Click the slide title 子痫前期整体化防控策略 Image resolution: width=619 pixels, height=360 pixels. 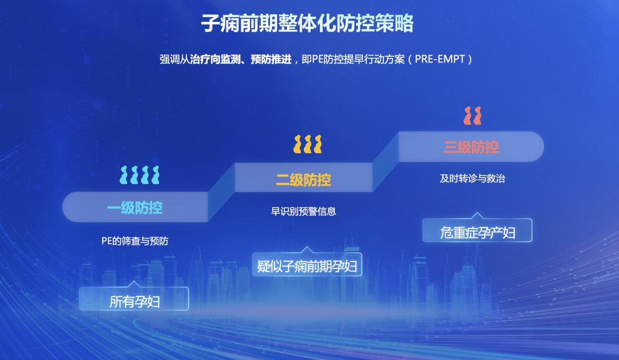[x=307, y=24]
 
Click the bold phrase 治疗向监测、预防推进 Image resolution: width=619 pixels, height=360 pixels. [x=241, y=60]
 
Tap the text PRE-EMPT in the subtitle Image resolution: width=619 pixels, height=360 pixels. [x=440, y=59]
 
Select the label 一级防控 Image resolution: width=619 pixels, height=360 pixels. [x=135, y=208]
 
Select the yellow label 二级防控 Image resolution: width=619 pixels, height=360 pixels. [x=303, y=179]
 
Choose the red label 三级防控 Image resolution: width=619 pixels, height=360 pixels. [x=471, y=147]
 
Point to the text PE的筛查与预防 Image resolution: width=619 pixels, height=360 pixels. [x=135, y=241]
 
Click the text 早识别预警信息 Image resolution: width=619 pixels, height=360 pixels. [x=303, y=211]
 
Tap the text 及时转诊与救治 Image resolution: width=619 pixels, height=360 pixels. [x=472, y=178]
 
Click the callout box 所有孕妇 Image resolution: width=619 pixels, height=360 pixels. [x=134, y=299]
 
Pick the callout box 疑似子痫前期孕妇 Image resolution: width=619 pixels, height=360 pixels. [x=307, y=264]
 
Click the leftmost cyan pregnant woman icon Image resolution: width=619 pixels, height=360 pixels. [x=124, y=175]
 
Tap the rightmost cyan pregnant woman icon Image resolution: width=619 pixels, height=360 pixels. [x=155, y=175]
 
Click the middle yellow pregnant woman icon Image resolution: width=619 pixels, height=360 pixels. [x=308, y=144]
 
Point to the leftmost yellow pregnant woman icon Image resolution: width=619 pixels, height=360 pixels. [x=297, y=144]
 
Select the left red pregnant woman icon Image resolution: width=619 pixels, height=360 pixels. [x=468, y=116]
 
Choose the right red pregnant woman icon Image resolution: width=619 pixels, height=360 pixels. [x=477, y=116]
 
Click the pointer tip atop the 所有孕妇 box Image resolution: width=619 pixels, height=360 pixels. [x=134, y=281]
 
